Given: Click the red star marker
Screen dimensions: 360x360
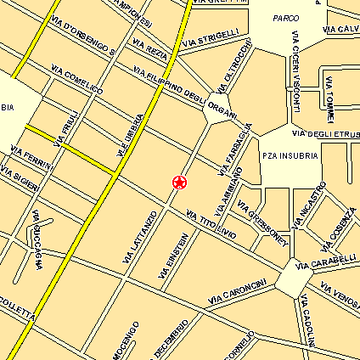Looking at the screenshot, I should coord(179,181).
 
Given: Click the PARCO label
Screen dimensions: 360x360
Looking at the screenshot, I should coord(286,18).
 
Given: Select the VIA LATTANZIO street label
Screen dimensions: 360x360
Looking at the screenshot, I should coord(139,237).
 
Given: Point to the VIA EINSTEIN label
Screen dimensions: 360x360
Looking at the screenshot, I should coord(172,256).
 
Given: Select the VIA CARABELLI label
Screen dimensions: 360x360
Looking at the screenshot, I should coord(326,262).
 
